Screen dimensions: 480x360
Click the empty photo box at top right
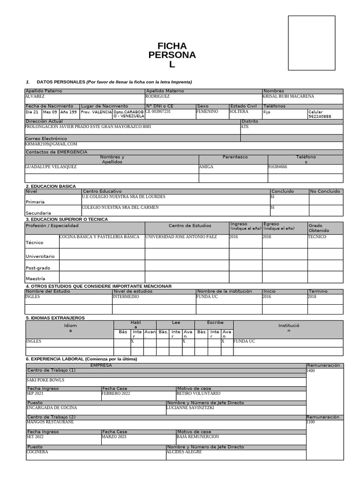(x=311, y=46)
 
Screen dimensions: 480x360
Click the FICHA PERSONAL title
(x=172, y=55)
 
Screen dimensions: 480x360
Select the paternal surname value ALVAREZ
(x=35, y=97)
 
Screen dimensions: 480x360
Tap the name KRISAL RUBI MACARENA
(x=288, y=97)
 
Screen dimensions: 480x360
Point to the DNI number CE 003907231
(x=158, y=112)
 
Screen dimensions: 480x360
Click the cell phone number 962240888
(x=320, y=117)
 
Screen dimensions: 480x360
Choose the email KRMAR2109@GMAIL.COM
(x=51, y=144)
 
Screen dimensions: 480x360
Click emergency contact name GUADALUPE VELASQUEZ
(x=51, y=167)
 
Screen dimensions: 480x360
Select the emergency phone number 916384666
(x=277, y=167)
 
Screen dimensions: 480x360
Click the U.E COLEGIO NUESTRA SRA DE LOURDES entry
(x=123, y=197)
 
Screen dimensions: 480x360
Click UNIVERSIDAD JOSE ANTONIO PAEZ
(x=181, y=237)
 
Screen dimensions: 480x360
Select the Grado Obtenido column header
(x=319, y=228)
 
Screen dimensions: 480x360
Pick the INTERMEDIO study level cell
(x=126, y=297)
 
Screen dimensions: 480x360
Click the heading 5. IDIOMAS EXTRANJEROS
(x=55, y=318)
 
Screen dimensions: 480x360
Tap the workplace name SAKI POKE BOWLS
(x=45, y=380)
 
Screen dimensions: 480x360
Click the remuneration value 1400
(x=311, y=371)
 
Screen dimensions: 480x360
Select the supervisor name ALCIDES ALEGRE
(x=184, y=452)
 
